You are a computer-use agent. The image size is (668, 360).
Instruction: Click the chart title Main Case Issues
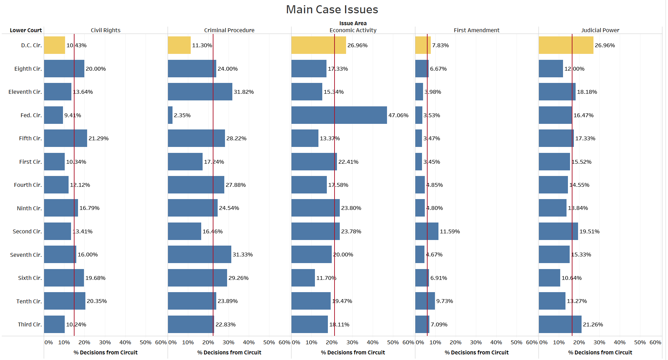332,9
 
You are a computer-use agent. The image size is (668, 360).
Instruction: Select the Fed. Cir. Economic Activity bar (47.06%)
339,115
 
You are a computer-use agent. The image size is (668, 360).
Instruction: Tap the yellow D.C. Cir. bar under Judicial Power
565,45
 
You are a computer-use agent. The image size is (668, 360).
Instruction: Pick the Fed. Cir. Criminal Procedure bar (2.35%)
170,115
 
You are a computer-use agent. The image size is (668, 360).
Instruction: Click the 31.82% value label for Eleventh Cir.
244,92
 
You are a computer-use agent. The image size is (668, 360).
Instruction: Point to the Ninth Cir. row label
29,208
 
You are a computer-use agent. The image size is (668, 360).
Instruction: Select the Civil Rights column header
105,30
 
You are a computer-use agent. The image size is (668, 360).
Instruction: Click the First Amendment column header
476,30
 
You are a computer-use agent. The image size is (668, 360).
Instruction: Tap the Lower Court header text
26,30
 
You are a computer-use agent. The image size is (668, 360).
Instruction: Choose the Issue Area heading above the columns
353,23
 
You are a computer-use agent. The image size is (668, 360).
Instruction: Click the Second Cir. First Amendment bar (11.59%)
427,231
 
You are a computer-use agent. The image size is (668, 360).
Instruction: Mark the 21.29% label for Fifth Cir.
98,139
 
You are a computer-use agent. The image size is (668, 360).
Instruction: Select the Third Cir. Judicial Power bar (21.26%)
560,324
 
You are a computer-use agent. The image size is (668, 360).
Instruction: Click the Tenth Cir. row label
29,301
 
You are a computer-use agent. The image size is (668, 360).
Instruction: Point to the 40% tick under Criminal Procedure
248,342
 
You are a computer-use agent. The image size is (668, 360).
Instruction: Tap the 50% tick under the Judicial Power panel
640,342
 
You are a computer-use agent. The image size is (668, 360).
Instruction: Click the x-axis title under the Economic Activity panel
353,352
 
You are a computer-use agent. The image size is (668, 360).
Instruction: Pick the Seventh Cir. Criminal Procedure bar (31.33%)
199,254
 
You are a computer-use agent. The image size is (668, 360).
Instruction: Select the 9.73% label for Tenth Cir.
444,301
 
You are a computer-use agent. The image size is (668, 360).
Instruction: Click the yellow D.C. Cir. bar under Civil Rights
54,45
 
